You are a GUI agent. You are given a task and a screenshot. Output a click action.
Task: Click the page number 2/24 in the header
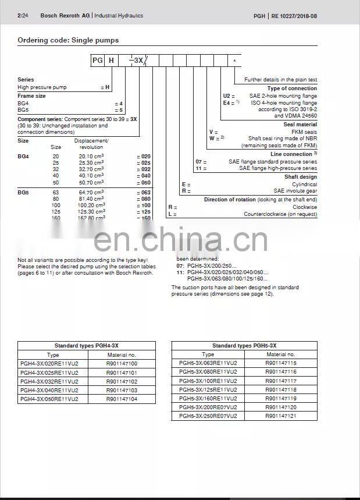point(23,16)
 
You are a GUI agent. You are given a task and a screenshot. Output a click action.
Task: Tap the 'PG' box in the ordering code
point(97,60)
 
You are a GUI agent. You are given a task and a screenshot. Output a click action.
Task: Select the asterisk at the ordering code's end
point(235,61)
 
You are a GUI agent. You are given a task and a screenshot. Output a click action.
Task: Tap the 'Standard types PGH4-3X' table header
point(86,346)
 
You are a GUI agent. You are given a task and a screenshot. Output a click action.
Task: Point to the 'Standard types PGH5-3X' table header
point(244,346)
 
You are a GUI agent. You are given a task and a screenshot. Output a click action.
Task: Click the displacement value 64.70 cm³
point(91,192)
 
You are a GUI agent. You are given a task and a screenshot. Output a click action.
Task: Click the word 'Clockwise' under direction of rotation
point(305,207)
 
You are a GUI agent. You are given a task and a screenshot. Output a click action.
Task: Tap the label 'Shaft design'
point(301,177)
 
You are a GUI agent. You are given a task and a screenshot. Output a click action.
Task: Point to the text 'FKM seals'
point(304,132)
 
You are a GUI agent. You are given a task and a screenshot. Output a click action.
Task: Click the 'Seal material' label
point(300,125)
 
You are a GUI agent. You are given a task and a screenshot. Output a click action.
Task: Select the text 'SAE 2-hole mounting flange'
point(283,95)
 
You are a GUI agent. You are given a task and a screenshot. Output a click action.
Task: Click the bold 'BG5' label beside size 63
point(24,192)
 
